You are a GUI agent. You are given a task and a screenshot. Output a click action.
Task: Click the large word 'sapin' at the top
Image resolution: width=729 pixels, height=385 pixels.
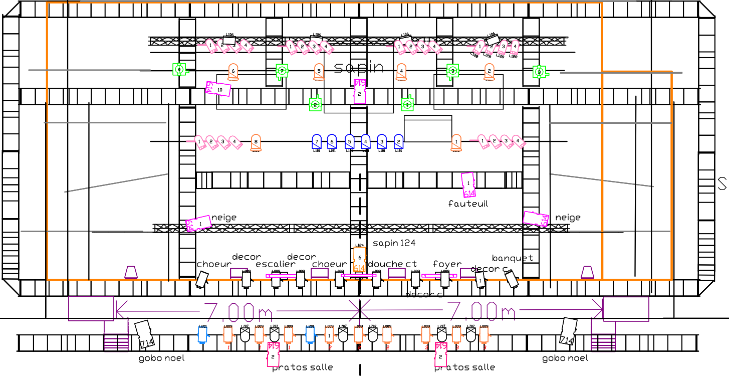[358, 68]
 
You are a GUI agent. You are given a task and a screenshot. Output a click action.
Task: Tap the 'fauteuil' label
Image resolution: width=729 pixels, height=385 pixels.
[468, 204]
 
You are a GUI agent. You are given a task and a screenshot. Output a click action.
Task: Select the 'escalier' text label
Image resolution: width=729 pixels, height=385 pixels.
[276, 264]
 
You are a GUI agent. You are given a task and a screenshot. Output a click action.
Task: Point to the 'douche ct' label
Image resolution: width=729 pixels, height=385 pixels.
[392, 264]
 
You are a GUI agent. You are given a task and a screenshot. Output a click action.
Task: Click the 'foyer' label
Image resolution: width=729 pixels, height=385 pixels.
[447, 264]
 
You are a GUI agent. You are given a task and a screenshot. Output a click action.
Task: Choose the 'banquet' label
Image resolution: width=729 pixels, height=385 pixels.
[513, 258]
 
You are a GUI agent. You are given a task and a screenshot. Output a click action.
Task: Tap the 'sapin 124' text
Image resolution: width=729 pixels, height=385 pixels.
[394, 243]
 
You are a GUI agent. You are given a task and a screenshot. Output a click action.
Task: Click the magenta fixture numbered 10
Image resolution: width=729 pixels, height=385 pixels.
[219, 89]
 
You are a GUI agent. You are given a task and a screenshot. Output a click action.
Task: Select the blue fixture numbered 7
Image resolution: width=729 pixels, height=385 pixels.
[317, 142]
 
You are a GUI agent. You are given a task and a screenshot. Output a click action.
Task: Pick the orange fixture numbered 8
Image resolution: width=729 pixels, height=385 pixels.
[256, 142]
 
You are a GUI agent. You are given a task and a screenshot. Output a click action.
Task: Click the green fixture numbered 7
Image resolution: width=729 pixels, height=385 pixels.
[282, 71]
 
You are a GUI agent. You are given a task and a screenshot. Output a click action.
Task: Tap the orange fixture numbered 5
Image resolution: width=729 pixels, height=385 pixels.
[319, 71]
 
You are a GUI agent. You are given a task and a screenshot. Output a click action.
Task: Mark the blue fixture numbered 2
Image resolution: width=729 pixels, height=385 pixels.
[398, 142]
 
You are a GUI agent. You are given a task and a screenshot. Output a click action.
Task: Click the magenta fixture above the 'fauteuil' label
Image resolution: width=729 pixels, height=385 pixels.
[468, 184]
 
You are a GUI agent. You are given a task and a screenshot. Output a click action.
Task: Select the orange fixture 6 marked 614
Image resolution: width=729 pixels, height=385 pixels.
[359, 259]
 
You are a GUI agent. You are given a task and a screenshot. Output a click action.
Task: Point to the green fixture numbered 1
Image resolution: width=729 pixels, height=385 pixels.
[407, 104]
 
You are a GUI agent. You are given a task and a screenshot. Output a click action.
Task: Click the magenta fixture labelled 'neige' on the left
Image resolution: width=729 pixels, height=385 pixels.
[199, 224]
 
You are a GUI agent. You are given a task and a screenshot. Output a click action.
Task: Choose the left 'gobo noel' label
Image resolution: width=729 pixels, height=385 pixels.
[161, 358]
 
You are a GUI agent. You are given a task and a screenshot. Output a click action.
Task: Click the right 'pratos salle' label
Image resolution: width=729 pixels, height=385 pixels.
[465, 367]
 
